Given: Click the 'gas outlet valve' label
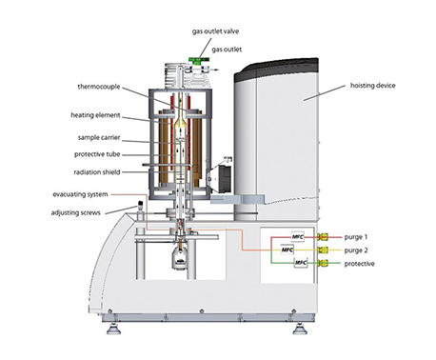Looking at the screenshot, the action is [215, 31].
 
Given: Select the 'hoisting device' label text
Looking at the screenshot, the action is [373, 86].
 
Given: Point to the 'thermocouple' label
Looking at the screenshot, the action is [99, 87].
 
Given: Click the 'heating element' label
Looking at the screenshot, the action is [95, 115].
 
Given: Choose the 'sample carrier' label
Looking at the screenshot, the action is [99, 138].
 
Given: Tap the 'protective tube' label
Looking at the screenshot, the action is [97, 154].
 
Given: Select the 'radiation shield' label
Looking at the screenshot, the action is [97, 172].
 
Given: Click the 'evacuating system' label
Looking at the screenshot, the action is [80, 194].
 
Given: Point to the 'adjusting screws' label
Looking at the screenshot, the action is [76, 212].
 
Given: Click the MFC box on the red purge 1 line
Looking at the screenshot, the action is [297, 237].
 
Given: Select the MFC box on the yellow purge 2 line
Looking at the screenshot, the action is [287, 250].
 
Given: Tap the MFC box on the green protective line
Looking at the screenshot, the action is [301, 263].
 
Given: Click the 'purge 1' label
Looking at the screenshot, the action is [356, 237].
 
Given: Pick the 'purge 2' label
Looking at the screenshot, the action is [356, 250].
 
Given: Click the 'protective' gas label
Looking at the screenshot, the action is [360, 264].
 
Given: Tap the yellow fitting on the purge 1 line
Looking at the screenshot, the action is [323, 237].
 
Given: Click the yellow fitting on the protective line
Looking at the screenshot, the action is [323, 263].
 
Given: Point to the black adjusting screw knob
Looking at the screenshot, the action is [140, 204].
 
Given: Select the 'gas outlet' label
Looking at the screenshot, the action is [227, 50].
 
